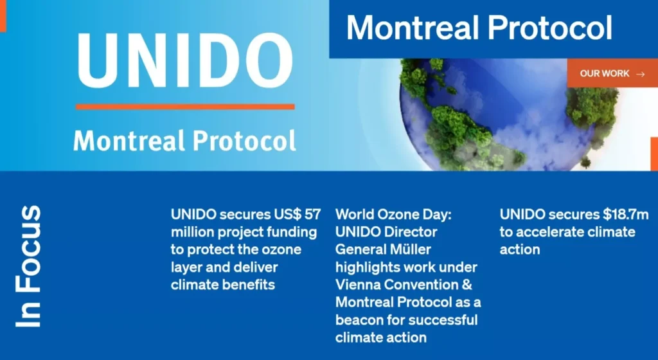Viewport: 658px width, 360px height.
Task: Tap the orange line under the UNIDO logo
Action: pyautogui.click(x=185, y=107)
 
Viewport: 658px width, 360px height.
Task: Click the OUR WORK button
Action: pyautogui.click(x=612, y=73)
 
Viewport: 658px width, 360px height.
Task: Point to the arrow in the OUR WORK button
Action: pyautogui.click(x=641, y=75)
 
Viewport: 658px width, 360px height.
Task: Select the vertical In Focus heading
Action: pyautogui.click(x=28, y=266)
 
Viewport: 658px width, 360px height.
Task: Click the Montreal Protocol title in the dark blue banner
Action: pyautogui.click(x=479, y=28)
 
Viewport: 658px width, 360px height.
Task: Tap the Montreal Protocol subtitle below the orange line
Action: pyautogui.click(x=184, y=141)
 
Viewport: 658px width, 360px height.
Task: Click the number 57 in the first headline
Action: pyautogui.click(x=313, y=215)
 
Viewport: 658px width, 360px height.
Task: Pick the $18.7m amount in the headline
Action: pyautogui.click(x=626, y=215)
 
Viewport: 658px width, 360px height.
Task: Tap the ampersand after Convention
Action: pyautogui.click(x=467, y=285)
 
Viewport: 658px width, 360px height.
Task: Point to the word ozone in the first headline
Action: pyautogui.click(x=281, y=249)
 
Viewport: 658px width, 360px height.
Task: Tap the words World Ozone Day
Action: pyautogui.click(x=393, y=215)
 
